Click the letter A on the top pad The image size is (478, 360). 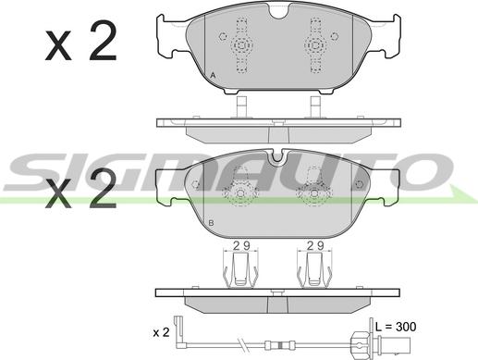213,75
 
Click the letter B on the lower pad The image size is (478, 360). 211,222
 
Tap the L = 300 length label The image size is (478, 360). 396,327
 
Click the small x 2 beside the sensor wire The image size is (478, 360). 161,332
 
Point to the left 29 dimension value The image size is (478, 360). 241,245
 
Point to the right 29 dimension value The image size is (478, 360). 315,245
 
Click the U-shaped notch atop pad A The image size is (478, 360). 278,12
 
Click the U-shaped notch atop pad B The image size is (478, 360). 277,155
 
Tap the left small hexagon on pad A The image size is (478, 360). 223,36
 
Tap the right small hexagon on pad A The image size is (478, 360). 335,36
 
